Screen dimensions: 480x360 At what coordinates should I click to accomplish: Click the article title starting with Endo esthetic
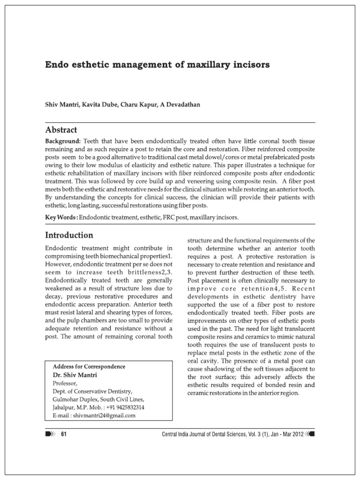(x=157, y=65)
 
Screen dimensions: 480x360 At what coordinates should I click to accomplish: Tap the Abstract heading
(x=61, y=130)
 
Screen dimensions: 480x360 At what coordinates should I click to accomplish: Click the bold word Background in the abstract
(x=63, y=141)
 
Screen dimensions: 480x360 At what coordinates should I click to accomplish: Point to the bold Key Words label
(x=61, y=218)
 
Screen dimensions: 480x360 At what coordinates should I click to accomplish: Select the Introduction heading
(x=69, y=235)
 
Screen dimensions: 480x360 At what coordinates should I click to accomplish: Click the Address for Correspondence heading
(x=89, y=367)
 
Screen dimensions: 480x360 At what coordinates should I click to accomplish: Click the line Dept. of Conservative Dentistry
(x=92, y=391)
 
